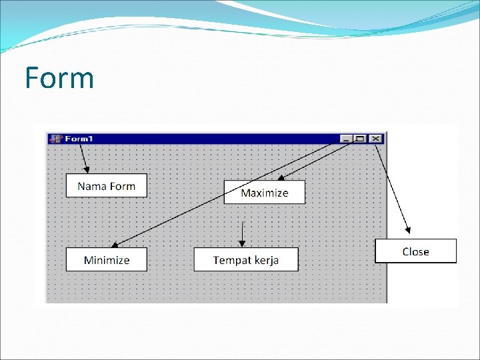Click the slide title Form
(59, 78)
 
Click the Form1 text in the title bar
(79, 139)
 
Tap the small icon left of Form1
(56, 139)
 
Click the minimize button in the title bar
(345, 139)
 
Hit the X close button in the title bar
(375, 139)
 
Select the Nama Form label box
(106, 185)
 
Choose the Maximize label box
(264, 192)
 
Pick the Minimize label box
(107, 259)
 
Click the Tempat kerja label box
(246, 259)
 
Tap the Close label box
(415, 251)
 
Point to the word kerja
(265, 260)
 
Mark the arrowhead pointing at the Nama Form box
(87, 170)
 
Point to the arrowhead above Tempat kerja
(242, 243)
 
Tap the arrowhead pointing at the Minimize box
(114, 246)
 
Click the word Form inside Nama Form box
(123, 186)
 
